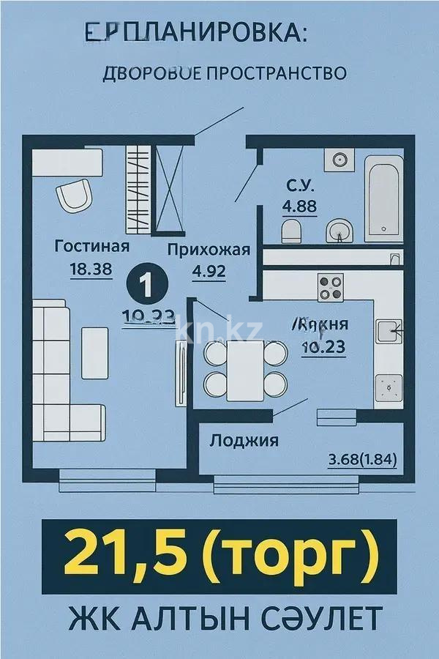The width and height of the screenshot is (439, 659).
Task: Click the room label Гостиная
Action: coord(92,246)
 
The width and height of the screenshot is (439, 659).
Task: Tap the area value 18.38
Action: coord(91,269)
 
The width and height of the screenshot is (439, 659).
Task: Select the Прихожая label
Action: coord(209,250)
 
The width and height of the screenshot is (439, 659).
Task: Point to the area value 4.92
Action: coord(209,272)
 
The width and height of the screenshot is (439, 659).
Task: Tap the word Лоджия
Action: coord(244,441)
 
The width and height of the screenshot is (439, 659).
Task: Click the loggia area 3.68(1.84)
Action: coord(362,461)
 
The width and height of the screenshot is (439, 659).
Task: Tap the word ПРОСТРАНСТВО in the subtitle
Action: coord(285,73)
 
